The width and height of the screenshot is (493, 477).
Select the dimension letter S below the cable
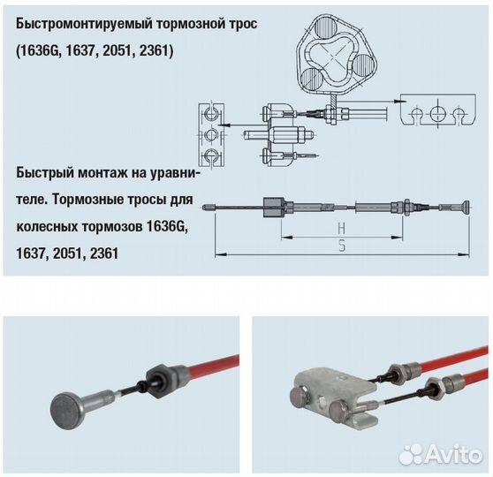[x=341, y=248]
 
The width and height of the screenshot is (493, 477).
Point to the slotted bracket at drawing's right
[x=436, y=111]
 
